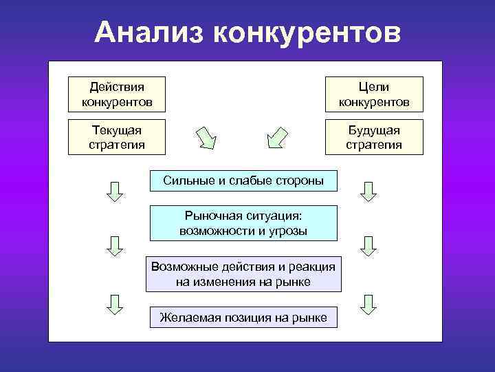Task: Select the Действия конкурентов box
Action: click(116, 94)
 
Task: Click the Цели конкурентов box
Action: click(374, 94)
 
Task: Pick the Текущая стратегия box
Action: click(116, 137)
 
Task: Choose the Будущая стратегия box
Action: click(374, 137)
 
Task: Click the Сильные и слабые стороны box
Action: click(243, 180)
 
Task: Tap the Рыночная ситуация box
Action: click(243, 223)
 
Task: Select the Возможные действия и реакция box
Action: click(243, 274)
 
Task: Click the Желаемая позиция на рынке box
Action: click(243, 318)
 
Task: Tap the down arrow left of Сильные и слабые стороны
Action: click(115, 191)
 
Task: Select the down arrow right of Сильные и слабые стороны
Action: click(369, 191)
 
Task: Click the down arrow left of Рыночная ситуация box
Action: click(115, 246)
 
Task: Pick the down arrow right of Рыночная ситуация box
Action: click(369, 246)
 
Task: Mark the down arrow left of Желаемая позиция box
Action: click(115, 304)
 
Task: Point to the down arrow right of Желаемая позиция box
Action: click(369, 304)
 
